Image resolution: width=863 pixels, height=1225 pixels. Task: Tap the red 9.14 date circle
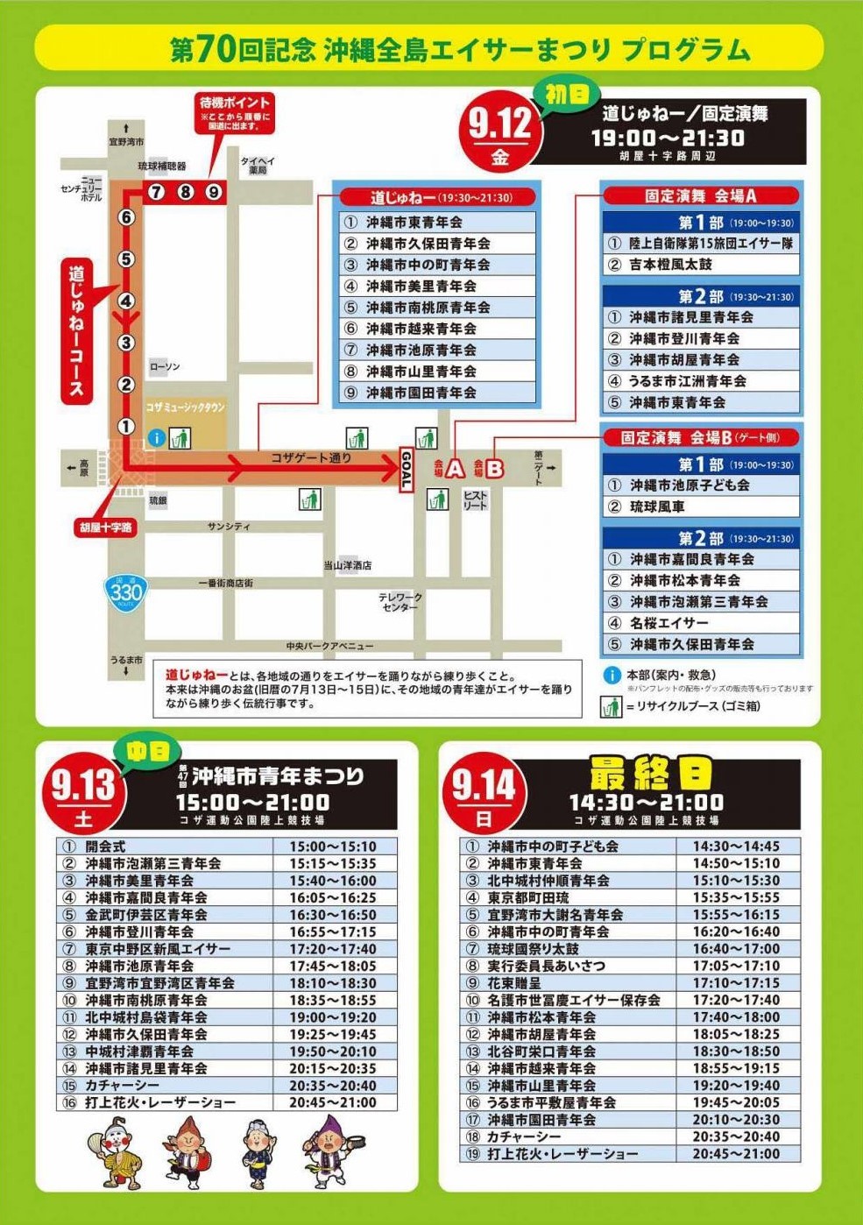coord(484,794)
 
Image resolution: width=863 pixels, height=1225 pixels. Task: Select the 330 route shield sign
coord(125,594)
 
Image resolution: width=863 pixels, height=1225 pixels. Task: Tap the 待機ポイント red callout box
coord(235,111)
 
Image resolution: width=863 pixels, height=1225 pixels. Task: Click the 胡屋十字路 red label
coord(106,528)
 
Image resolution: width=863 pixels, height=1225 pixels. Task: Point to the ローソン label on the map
coord(165,366)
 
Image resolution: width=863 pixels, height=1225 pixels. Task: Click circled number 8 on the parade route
coord(185,191)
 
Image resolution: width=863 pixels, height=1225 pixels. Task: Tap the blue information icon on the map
coord(156,436)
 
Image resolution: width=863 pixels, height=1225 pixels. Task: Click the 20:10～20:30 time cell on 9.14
coord(736,1120)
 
